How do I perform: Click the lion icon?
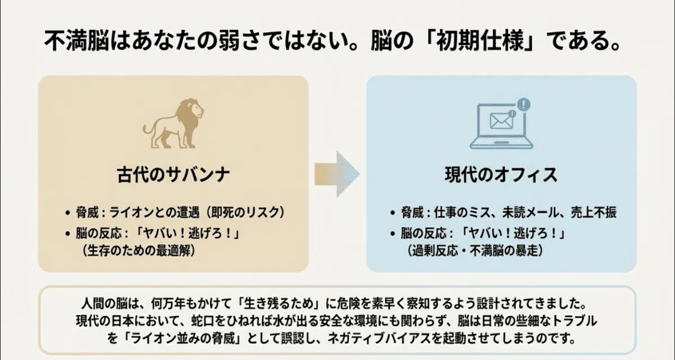tap(173, 123)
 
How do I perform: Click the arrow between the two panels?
tap(337, 174)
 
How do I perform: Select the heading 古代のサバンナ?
tap(173, 175)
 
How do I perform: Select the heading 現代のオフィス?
tap(501, 175)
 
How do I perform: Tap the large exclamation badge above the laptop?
tap(524, 104)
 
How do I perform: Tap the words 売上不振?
tap(593, 213)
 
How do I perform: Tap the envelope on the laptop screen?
tap(501, 121)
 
